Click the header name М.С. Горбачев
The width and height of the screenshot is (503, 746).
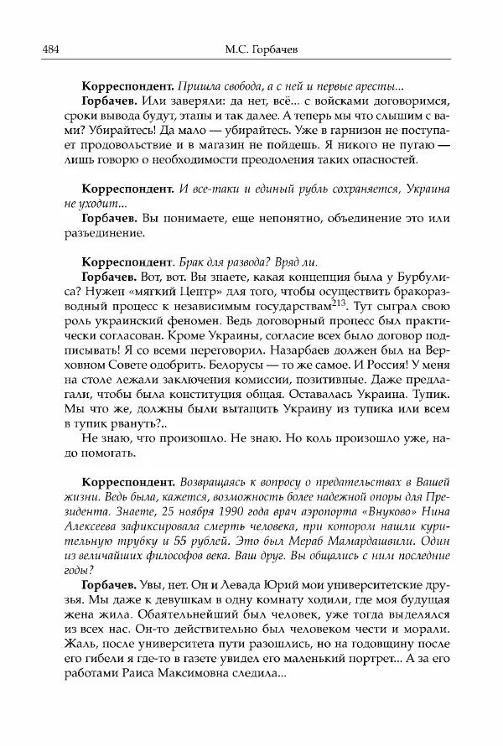(x=251, y=49)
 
